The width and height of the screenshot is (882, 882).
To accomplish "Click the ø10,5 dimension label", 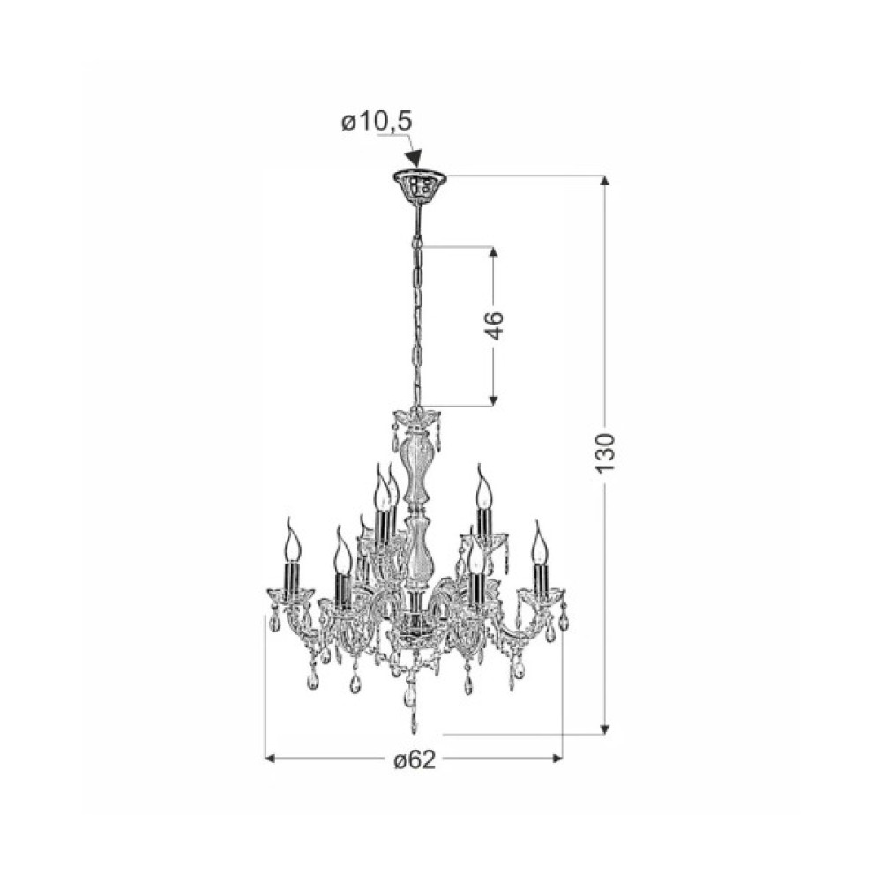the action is click(x=377, y=122).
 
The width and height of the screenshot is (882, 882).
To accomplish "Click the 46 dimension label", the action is click(x=494, y=325).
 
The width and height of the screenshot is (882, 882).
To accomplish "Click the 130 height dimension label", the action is click(x=605, y=453).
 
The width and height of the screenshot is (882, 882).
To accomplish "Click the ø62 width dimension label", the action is click(x=415, y=760).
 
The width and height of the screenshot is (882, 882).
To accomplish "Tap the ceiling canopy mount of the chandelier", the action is click(x=419, y=183).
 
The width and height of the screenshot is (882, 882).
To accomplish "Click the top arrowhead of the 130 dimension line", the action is click(x=605, y=181).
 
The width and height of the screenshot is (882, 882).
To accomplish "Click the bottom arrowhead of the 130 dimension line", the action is click(x=605, y=729).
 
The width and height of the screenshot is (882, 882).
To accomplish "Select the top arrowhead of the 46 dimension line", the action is click(x=493, y=252).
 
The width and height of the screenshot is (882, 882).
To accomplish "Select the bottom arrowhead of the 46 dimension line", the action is click(x=493, y=400).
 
